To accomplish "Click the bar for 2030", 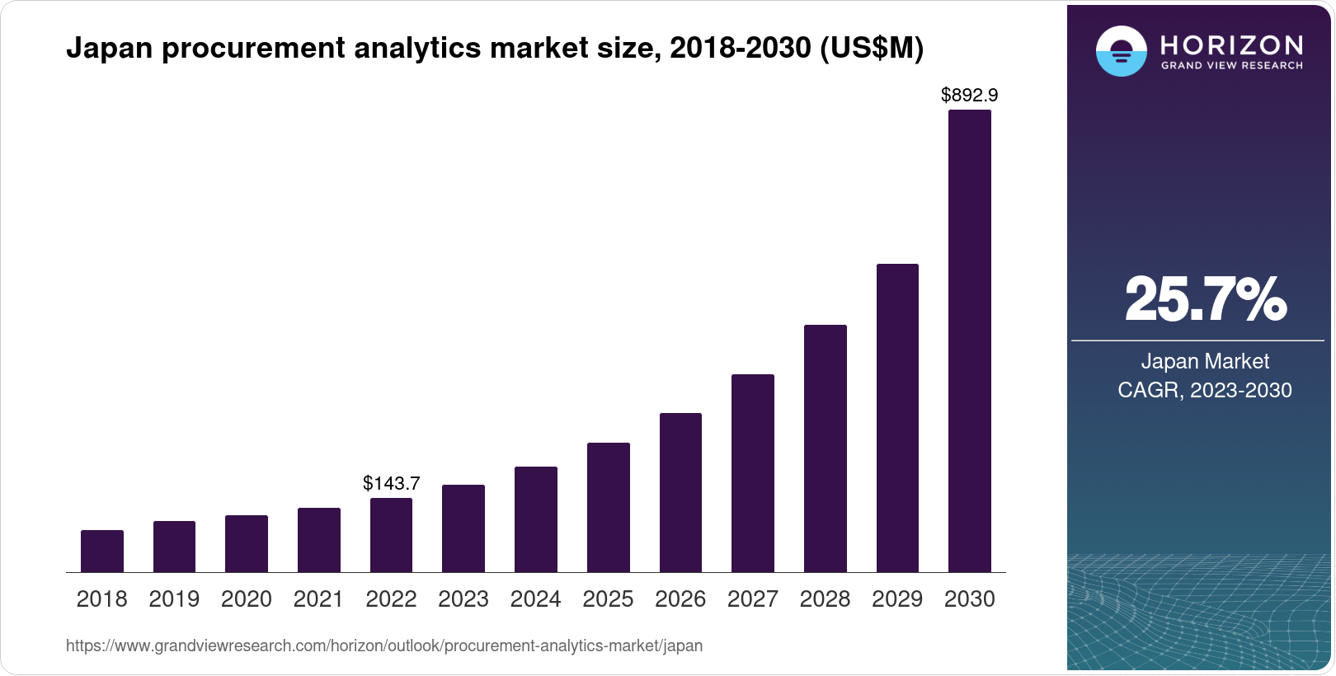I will point(969,340).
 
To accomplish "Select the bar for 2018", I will point(102,551).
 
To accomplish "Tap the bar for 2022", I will point(391,535).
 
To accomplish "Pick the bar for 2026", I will point(680,492).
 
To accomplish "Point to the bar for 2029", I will point(897,418).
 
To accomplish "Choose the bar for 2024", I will point(536,519).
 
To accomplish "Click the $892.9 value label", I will point(969,96).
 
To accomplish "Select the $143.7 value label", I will point(391,484).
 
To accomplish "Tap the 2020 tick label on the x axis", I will point(247,599).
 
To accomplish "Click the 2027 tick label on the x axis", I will point(752,599).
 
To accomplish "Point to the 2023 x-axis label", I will point(463,599).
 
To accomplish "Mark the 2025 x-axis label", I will point(608,599).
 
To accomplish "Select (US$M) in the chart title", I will point(872,49).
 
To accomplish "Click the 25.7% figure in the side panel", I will point(1205,300).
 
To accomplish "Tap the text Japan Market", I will point(1205,361).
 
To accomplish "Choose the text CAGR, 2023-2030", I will point(1205,390).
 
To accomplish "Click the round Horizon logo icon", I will point(1121,51).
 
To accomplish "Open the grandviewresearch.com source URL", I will point(384,646).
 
